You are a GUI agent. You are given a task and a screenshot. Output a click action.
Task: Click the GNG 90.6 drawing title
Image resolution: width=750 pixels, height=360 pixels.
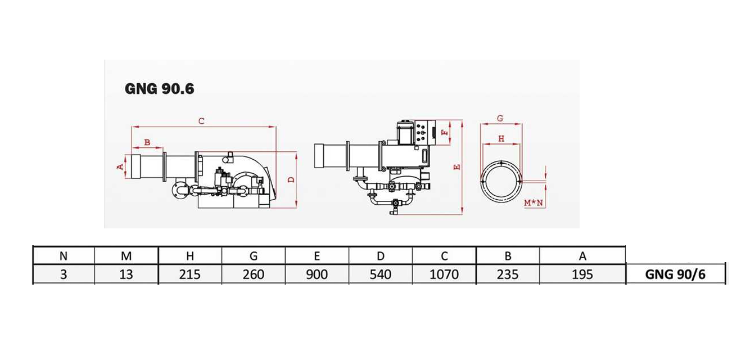click(159, 89)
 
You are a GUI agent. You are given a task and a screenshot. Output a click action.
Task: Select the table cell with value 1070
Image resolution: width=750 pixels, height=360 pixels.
click(444, 274)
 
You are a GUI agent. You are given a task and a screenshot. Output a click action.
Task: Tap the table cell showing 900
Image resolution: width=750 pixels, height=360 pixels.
click(317, 274)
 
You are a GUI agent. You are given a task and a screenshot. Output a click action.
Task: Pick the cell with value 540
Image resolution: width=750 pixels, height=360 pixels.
click(381, 274)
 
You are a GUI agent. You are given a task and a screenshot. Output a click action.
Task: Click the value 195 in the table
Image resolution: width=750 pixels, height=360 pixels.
click(582, 274)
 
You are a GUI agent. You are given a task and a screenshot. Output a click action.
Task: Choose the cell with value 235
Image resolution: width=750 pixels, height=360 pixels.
click(508, 274)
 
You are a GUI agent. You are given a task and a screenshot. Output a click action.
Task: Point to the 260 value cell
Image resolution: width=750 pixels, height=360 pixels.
click(254, 274)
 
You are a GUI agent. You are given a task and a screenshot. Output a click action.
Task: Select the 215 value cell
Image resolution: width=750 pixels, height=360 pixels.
click(190, 274)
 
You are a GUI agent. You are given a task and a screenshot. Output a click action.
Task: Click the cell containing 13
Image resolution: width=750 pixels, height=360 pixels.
click(126, 274)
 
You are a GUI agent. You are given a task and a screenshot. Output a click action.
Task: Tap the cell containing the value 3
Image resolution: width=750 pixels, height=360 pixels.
click(64, 274)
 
